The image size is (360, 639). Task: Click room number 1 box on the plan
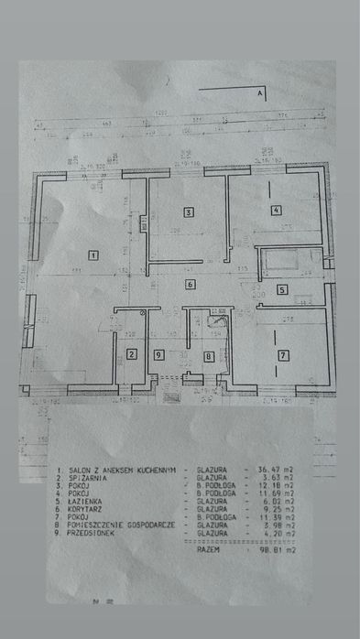click(93, 255)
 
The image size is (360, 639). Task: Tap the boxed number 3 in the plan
click(188, 212)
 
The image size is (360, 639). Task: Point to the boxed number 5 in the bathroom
click(282, 290)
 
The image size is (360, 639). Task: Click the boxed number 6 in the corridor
click(190, 285)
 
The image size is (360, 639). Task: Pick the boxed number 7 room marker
click(283, 354)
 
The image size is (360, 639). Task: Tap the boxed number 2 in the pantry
click(131, 355)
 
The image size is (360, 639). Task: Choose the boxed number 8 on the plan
click(209, 356)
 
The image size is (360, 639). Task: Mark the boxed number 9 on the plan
click(158, 355)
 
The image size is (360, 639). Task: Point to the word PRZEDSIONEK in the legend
click(90, 534)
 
